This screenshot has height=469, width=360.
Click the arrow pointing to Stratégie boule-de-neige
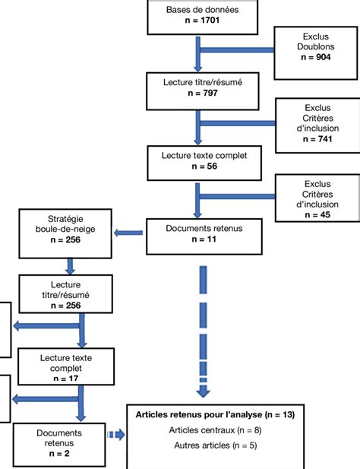[x=128, y=233]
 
